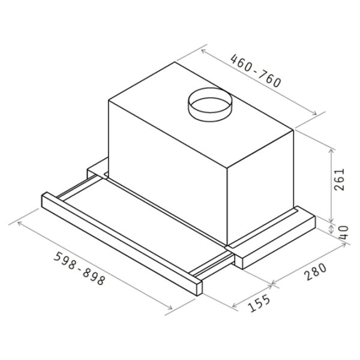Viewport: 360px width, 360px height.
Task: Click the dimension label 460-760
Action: pyautogui.click(x=256, y=70)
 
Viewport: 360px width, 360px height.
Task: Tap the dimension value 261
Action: pyautogui.click(x=340, y=179)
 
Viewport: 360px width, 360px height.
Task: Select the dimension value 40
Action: pyautogui.click(x=344, y=233)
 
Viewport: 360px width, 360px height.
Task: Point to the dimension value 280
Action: pyautogui.click(x=315, y=272)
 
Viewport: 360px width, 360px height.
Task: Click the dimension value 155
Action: pyautogui.click(x=260, y=303)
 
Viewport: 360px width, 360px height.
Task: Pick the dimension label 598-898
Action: pyautogui.click(x=79, y=268)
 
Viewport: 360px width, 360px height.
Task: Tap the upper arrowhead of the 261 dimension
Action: pyautogui.click(x=331, y=151)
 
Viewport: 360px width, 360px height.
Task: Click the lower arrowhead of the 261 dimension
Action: pyautogui.click(x=331, y=220)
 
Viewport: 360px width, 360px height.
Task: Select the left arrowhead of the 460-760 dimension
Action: pyautogui.click(x=203, y=51)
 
